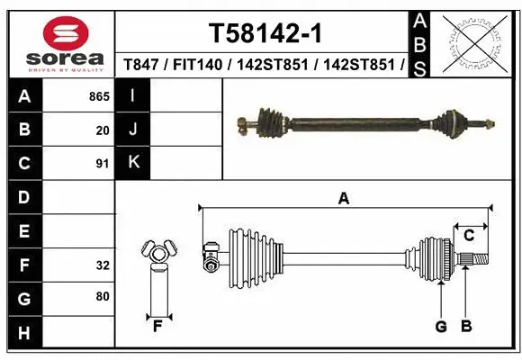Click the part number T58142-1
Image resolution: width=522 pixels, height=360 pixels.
(265, 34)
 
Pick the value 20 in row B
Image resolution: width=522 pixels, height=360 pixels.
(103, 130)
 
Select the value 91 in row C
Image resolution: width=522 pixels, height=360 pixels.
(103, 164)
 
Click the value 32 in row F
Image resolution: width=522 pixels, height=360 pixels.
(103, 265)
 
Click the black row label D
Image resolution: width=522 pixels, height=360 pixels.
(23, 197)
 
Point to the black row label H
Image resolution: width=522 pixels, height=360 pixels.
(23, 333)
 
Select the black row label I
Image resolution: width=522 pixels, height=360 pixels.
(133, 96)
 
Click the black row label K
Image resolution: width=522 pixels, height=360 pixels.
(133, 163)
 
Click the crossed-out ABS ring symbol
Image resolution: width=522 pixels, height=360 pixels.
(475, 42)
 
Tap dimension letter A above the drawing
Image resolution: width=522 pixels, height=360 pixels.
(343, 199)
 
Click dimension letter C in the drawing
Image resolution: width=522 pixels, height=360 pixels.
(469, 236)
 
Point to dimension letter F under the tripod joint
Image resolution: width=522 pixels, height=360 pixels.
(157, 326)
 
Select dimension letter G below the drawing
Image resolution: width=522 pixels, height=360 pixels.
(441, 327)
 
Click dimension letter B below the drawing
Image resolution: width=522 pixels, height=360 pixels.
(466, 327)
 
